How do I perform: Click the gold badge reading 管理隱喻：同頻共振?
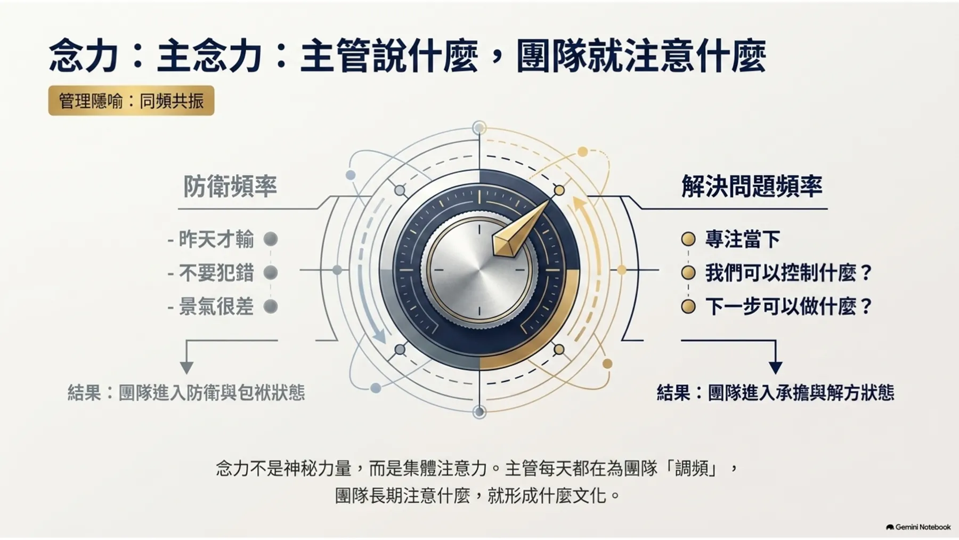(x=131, y=100)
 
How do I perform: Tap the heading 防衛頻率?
(x=230, y=186)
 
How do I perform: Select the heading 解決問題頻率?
(x=752, y=186)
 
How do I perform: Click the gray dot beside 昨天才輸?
(x=271, y=239)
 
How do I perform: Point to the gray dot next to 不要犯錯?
(x=271, y=273)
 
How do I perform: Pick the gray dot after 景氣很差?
(x=271, y=307)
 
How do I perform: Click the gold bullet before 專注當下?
(x=688, y=239)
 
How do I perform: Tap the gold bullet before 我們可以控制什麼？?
(x=688, y=273)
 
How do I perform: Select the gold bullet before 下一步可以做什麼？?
(x=688, y=307)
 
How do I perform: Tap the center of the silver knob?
(x=479, y=270)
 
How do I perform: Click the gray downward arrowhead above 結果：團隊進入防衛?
(x=186, y=367)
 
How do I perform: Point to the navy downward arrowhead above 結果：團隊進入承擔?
(x=775, y=367)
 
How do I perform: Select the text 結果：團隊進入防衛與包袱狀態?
(x=186, y=393)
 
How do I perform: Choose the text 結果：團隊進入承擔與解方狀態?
(x=775, y=393)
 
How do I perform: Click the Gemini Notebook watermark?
(x=918, y=527)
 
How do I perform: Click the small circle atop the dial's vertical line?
(x=479, y=128)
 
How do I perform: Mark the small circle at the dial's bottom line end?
(x=479, y=412)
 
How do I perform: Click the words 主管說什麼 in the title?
(x=389, y=56)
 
